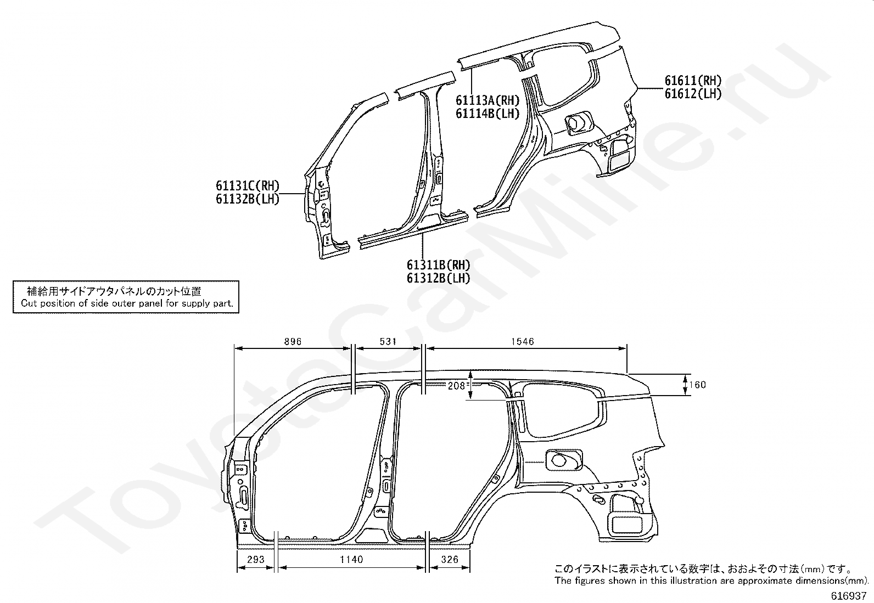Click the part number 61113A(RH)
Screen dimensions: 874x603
coord(487,100)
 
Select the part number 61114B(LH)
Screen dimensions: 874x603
coord(487,114)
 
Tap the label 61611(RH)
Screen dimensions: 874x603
coord(693,81)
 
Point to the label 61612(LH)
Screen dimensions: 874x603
coord(693,94)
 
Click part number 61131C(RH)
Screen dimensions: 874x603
coord(247,187)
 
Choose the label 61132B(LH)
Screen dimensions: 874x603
coord(247,199)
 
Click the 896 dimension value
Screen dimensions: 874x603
coord(293,342)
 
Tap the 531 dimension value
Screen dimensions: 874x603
coord(388,342)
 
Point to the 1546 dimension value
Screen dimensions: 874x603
coord(522,342)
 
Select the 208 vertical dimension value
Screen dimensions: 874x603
coord(456,386)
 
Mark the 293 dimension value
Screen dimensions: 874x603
coord(256,560)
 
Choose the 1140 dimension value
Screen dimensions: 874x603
coord(351,560)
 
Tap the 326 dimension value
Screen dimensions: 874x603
coord(449,560)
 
